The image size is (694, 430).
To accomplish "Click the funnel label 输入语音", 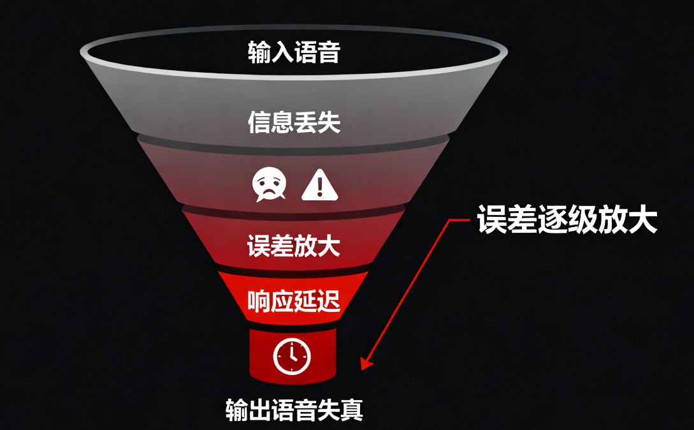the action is (294, 52).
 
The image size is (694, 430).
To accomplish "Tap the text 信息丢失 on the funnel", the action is (294, 122).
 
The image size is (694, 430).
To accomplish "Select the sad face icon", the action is (269, 184).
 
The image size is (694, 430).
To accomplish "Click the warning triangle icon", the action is (319, 185).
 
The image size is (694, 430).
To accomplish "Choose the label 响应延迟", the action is (294, 301).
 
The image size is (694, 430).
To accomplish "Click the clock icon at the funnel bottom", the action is (292, 356).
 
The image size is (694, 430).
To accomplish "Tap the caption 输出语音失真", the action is (294, 410).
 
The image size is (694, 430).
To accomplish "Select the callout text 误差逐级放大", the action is (567, 219).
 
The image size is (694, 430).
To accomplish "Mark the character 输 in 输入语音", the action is (259, 52).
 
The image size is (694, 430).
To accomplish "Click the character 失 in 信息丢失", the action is (329, 122).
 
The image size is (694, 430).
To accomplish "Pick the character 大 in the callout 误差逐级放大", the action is (642, 219).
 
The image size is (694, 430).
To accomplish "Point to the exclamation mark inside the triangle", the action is (319, 188).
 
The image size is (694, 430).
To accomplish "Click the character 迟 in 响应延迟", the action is (329, 301).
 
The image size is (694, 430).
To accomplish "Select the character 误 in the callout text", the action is (492, 219).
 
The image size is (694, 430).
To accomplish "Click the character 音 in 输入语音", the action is (329, 52).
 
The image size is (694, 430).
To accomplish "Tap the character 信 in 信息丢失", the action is (259, 122).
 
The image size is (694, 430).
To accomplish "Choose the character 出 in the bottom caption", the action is (260, 410).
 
